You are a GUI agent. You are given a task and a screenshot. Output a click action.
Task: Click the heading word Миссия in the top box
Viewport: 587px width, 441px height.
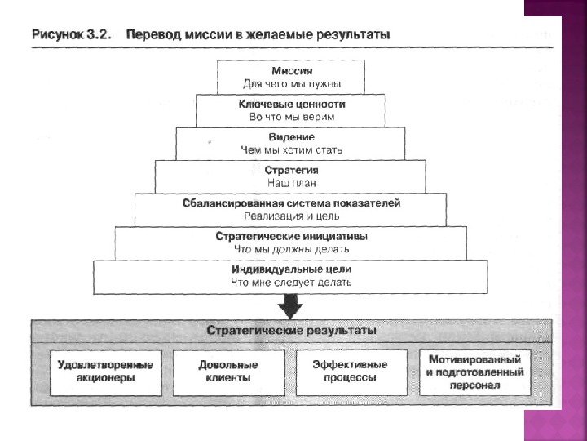(291, 71)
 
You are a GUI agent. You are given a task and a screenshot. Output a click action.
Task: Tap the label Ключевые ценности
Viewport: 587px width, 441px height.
(291, 105)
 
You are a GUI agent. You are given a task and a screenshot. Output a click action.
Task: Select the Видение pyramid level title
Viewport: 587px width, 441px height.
(291, 137)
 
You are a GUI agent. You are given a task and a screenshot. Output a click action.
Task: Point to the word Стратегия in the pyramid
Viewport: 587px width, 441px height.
(291, 171)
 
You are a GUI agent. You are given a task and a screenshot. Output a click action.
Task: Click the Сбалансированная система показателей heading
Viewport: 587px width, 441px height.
(291, 203)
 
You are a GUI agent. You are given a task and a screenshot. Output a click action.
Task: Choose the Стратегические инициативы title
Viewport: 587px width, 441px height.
(291, 236)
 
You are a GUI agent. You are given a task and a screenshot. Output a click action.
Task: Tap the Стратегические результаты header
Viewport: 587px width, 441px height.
(291, 332)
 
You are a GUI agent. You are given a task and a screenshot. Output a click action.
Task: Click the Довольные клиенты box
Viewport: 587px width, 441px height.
(228, 372)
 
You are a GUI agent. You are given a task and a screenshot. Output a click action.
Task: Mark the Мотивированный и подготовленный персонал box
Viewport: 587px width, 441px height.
(474, 372)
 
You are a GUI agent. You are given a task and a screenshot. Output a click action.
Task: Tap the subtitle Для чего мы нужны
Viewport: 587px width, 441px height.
(291, 83)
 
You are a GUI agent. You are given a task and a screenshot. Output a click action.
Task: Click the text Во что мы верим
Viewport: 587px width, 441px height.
(291, 117)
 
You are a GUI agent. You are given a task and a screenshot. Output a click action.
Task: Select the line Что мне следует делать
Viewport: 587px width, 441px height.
(291, 282)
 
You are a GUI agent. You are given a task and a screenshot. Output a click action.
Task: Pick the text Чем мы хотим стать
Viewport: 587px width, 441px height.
(291, 150)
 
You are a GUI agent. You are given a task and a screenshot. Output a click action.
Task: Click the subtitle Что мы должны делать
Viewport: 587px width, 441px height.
(291, 248)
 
